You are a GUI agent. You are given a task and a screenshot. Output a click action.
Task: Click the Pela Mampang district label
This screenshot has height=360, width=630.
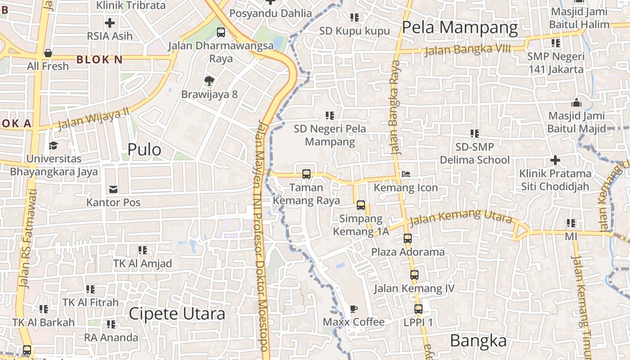click(x=459, y=28)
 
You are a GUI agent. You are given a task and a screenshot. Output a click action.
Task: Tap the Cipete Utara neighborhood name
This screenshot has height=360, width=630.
click(x=177, y=314)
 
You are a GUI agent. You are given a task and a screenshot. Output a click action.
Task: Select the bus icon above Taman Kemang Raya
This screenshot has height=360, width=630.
click(x=306, y=174)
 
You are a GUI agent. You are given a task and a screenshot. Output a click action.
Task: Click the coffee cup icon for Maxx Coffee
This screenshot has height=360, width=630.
click(x=354, y=309)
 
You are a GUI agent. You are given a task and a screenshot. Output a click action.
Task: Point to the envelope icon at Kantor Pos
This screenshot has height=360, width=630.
click(x=113, y=189)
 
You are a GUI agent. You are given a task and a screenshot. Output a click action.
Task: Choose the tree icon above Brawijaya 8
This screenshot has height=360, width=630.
click(x=209, y=81)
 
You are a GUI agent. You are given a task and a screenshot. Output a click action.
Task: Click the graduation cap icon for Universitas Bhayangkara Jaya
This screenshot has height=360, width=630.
click(x=53, y=145)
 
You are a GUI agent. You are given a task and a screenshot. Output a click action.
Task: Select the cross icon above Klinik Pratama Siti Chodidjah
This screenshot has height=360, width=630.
click(x=555, y=160)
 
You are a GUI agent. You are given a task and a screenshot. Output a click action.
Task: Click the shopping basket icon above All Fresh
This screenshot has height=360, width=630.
click(x=48, y=53)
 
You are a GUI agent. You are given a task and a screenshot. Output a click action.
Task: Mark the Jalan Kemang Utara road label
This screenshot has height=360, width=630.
click(x=461, y=217)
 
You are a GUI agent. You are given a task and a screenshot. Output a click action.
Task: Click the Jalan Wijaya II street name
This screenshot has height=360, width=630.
click(x=93, y=118)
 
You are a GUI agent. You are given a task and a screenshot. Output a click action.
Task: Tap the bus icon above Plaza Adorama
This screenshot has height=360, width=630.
click(x=407, y=238)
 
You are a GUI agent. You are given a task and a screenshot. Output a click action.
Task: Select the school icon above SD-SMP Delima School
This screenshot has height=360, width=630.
click(x=475, y=134)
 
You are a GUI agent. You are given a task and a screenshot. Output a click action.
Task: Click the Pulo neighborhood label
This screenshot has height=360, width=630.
click(x=144, y=149)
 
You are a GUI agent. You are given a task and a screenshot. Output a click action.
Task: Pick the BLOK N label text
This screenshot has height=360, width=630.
click(x=99, y=59)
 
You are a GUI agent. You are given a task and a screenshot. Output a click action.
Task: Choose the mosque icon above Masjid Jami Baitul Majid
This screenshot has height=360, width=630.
click(x=576, y=103)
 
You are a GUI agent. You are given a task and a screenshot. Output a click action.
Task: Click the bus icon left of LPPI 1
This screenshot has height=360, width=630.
click(x=418, y=309)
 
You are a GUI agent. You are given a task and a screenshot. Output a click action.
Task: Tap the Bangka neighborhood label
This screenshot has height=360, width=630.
click(x=478, y=341)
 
